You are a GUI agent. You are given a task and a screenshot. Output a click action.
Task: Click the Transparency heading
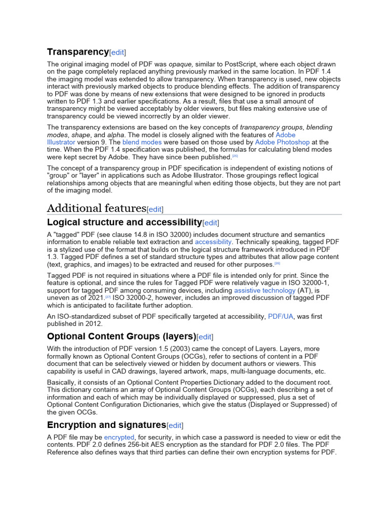pyautogui.click(x=77, y=52)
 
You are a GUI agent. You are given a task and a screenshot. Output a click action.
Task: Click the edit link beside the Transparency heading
pyautogui.click(x=118, y=52)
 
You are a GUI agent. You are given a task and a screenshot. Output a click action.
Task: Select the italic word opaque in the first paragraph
pyautogui.click(x=179, y=65)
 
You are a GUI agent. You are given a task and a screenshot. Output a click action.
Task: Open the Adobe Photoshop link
pyautogui.click(x=282, y=142)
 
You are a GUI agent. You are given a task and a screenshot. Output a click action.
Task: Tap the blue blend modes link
pyautogui.click(x=142, y=142)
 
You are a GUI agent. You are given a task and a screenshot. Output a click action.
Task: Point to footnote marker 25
pyautogui.click(x=235, y=156)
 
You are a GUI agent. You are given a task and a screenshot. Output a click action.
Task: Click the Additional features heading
pyautogui.click(x=96, y=208)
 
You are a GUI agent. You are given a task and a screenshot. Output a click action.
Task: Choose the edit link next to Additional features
pyautogui.click(x=155, y=209)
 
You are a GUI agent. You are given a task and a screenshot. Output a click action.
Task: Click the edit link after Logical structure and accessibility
pyautogui.click(x=211, y=223)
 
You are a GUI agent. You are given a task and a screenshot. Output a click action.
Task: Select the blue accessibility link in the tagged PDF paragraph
pyautogui.click(x=213, y=242)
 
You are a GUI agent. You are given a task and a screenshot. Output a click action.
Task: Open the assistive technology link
pyautogui.click(x=264, y=290)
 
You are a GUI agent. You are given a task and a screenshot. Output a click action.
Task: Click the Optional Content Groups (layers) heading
pyautogui.click(x=121, y=336)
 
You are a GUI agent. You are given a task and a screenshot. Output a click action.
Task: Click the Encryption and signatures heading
pyautogui.click(x=106, y=424)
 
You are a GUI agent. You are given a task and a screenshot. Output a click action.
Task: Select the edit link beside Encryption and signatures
pyautogui.click(x=175, y=425)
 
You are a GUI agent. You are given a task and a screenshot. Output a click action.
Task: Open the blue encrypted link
pyautogui.click(x=119, y=437)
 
